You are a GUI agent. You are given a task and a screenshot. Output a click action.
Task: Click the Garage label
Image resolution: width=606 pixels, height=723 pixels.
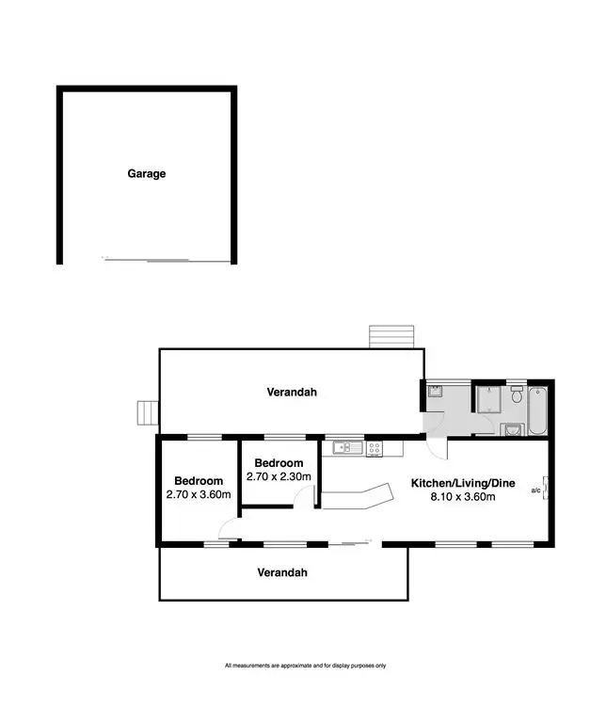147,173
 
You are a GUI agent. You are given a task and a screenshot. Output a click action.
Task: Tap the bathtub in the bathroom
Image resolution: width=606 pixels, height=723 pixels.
536,410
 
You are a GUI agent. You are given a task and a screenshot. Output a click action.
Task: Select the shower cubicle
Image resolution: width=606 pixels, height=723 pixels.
489,402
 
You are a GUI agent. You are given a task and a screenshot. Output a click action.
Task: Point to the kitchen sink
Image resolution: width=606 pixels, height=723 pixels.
341,448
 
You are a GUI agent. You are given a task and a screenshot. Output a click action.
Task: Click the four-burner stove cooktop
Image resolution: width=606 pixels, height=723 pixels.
374,448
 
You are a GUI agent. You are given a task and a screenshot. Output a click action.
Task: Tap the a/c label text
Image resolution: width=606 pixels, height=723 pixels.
535,490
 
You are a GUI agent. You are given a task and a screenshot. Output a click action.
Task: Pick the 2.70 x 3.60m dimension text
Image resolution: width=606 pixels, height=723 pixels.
199,494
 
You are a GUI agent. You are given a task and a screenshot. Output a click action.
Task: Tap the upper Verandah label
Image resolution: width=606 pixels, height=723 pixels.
291,393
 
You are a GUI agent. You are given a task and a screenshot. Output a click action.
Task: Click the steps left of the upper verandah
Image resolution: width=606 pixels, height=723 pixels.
146,412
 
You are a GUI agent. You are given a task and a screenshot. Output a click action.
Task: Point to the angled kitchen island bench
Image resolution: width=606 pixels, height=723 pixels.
358,496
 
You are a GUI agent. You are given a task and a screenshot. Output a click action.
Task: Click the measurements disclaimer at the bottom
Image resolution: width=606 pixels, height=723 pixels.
305,666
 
